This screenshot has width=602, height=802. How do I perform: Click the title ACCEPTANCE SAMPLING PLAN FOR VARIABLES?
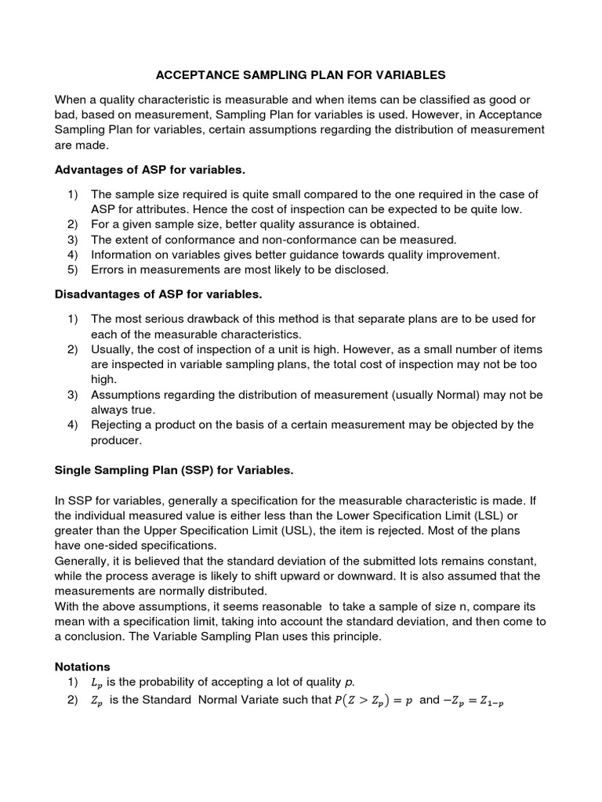(301, 75)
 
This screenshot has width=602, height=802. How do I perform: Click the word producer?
(116, 441)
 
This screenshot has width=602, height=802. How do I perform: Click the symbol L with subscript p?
(85, 682)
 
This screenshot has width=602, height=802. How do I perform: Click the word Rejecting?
(118, 425)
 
